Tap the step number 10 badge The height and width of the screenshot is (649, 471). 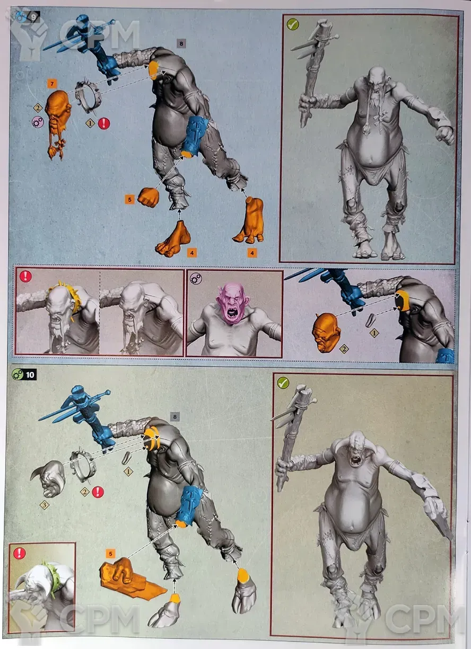(x=30, y=375)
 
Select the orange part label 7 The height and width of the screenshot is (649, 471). (x=52, y=84)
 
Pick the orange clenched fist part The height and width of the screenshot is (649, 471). (x=148, y=197)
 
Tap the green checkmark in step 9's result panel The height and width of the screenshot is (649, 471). (x=293, y=24)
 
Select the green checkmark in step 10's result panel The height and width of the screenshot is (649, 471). (x=283, y=383)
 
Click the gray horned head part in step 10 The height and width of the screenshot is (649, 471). (x=49, y=478)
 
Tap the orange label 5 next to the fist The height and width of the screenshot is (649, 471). (x=129, y=199)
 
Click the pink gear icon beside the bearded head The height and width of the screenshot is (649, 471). (x=38, y=122)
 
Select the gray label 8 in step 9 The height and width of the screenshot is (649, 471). (x=181, y=44)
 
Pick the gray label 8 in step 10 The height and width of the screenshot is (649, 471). (x=175, y=416)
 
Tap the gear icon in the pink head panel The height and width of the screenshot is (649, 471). (x=196, y=279)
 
